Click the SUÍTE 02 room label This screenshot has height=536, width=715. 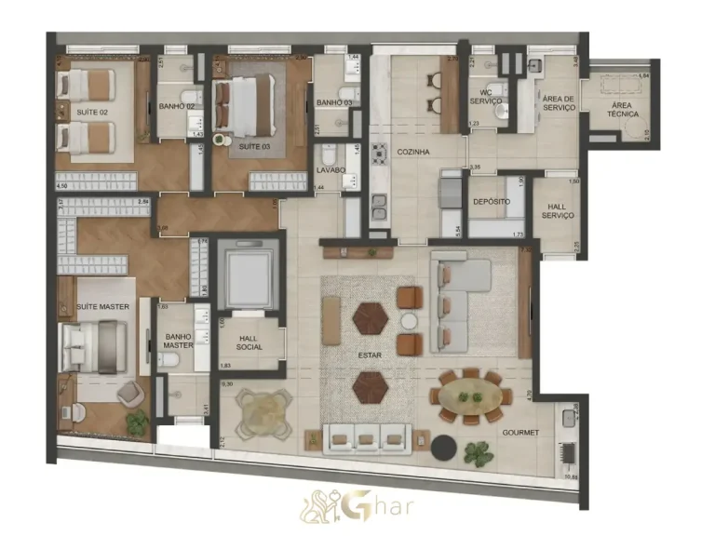coord(91,112)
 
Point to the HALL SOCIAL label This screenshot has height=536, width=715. coord(249,342)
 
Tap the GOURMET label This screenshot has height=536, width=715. coord(521,433)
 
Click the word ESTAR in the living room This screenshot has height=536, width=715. coord(371,355)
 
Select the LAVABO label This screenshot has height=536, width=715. coord(331,169)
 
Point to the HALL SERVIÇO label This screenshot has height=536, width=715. coord(558,210)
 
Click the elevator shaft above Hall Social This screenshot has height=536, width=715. coord(248,275)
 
